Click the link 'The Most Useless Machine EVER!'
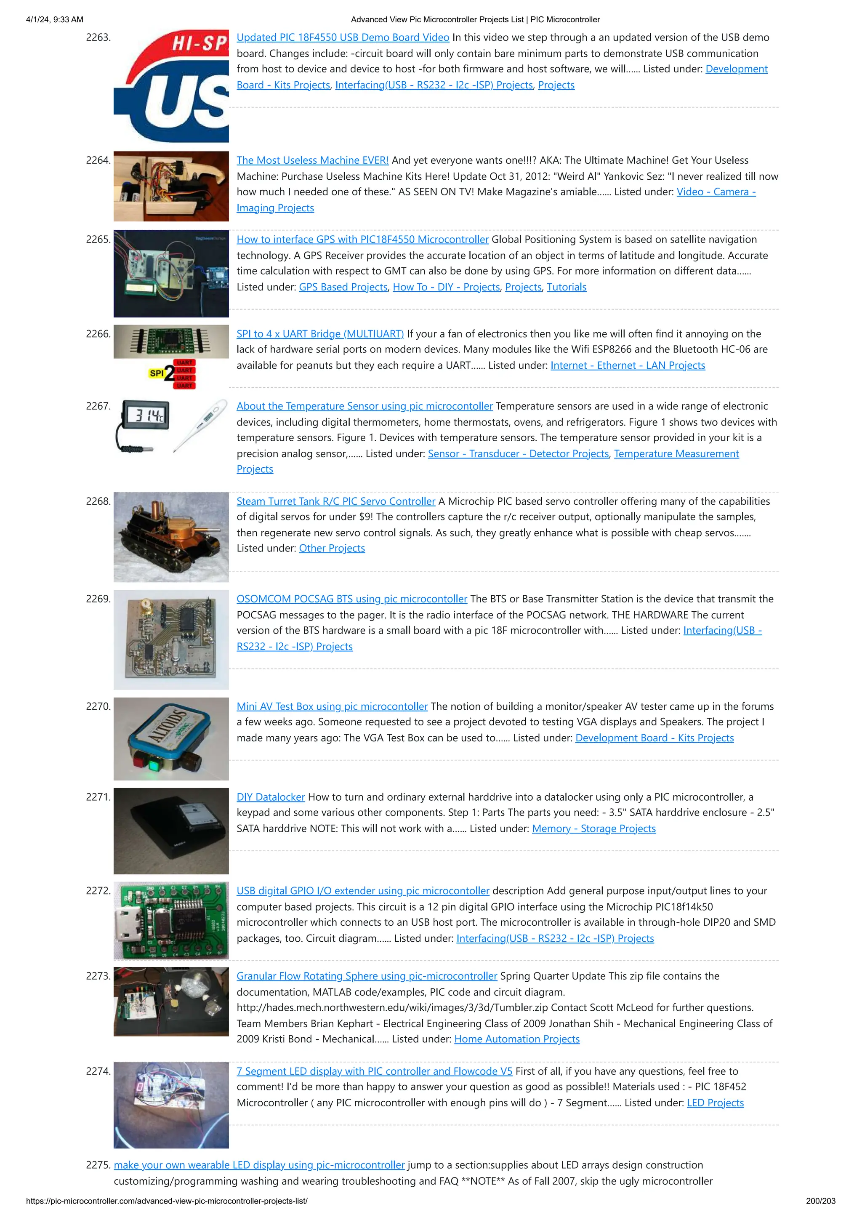(312, 160)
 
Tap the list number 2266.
(98, 334)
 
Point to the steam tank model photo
(171, 537)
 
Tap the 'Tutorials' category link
(567, 287)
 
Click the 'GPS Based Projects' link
(343, 287)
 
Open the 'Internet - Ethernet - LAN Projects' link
(628, 365)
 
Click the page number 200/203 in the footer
(820, 1201)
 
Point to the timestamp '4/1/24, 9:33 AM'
(55, 20)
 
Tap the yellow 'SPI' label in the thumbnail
(156, 373)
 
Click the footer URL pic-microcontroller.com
(167, 1201)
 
